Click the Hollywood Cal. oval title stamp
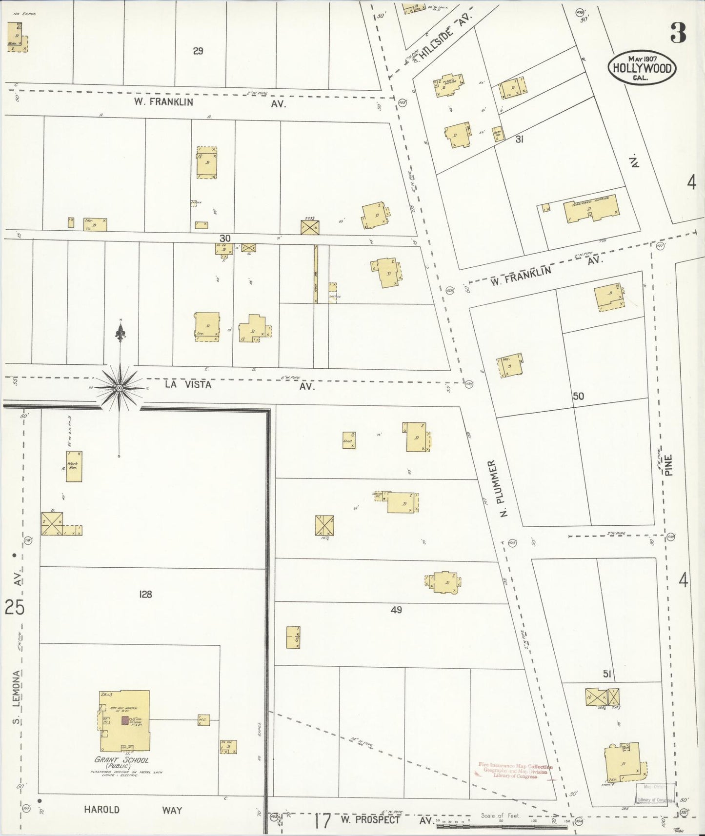point(642,68)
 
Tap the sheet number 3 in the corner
point(678,33)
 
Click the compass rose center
point(120,388)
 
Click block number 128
point(145,594)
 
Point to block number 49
point(396,610)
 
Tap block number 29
point(198,51)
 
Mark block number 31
point(519,139)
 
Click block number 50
point(578,396)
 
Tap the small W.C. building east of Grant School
point(203,720)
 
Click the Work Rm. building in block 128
point(74,466)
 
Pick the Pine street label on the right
point(668,466)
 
